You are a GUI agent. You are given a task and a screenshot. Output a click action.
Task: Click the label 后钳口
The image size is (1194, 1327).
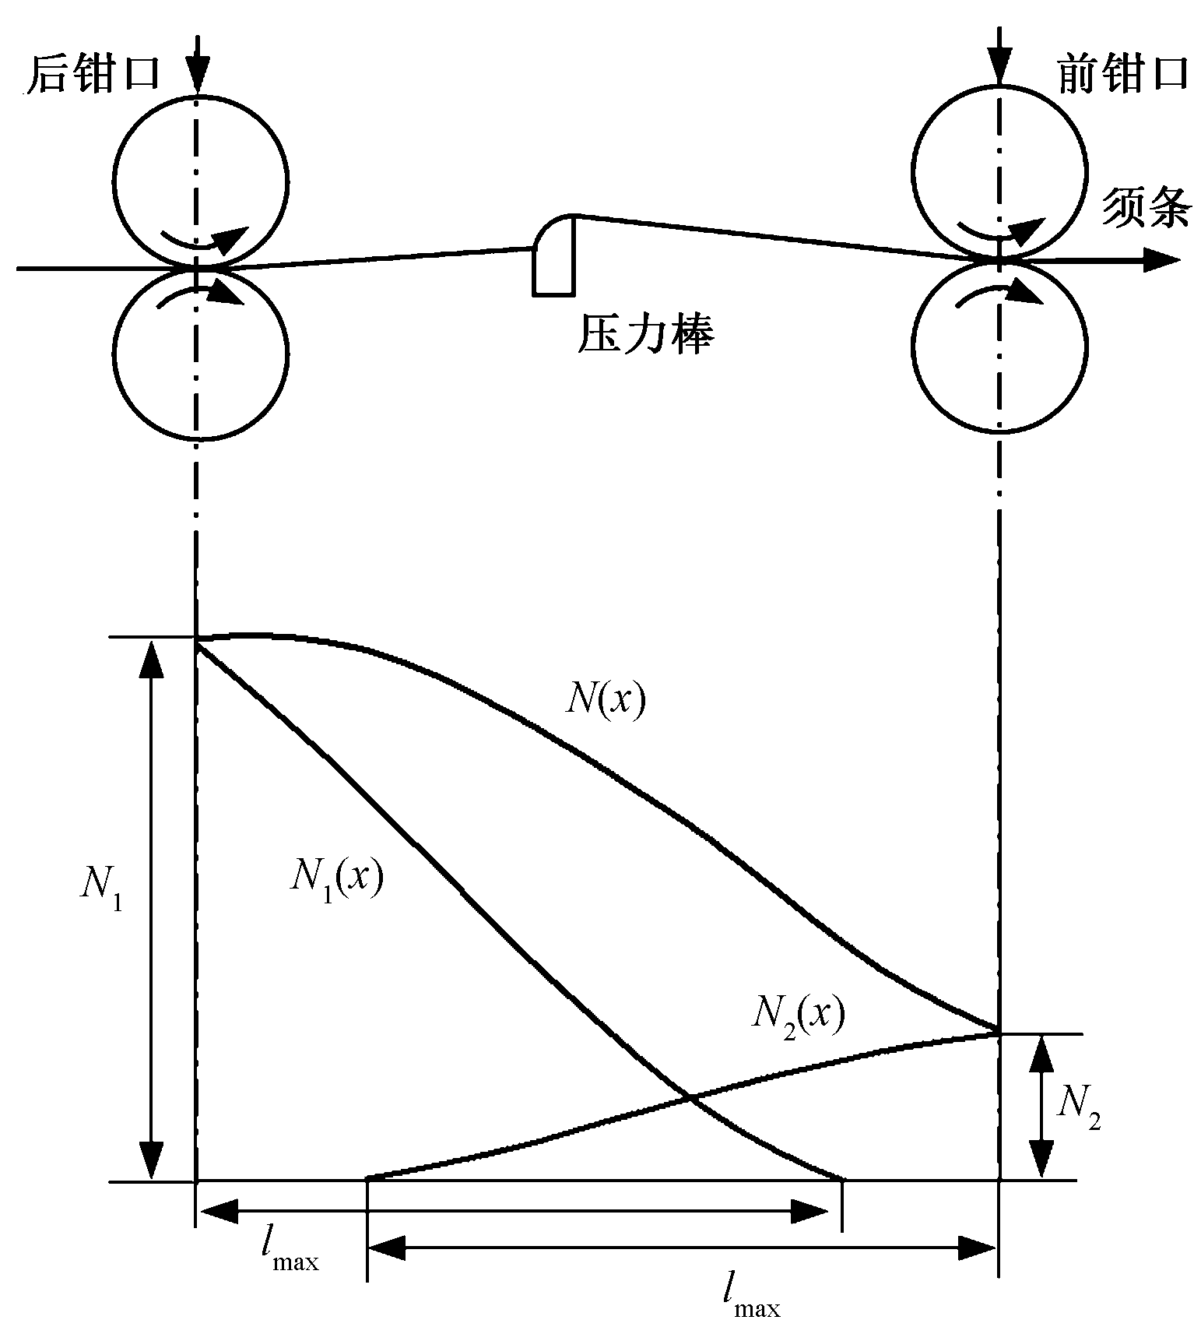pos(93,76)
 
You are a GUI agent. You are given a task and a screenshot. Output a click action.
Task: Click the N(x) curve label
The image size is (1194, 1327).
pos(606,699)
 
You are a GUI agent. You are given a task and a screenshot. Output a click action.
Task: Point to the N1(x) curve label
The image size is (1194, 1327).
pos(336,879)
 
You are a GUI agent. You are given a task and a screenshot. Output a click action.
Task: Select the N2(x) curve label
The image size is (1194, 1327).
pos(798,1015)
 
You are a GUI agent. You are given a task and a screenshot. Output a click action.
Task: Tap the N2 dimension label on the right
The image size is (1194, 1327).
pos(1078,1107)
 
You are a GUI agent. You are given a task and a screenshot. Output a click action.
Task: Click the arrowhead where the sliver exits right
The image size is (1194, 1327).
pos(1161,260)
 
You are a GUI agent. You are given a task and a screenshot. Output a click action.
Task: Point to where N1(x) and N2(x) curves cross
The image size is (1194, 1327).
pos(690,1098)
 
